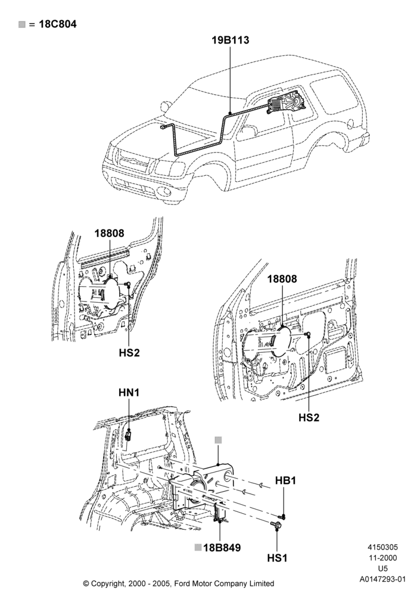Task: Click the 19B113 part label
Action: (x=231, y=40)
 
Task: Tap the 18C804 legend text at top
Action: (x=58, y=24)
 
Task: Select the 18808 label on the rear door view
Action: (x=110, y=233)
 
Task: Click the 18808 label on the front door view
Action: (x=282, y=278)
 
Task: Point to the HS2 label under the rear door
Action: (x=129, y=353)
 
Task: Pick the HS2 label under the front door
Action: (x=309, y=417)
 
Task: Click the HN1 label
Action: (x=129, y=393)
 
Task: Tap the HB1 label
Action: (x=285, y=480)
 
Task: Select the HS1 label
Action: (x=277, y=558)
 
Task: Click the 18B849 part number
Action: (x=222, y=548)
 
